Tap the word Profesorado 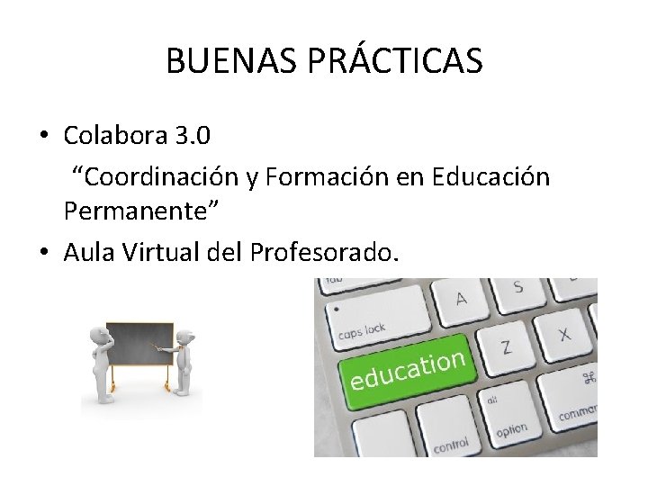324,253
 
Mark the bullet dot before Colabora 43,137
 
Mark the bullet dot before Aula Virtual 43,254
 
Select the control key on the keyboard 450,443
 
